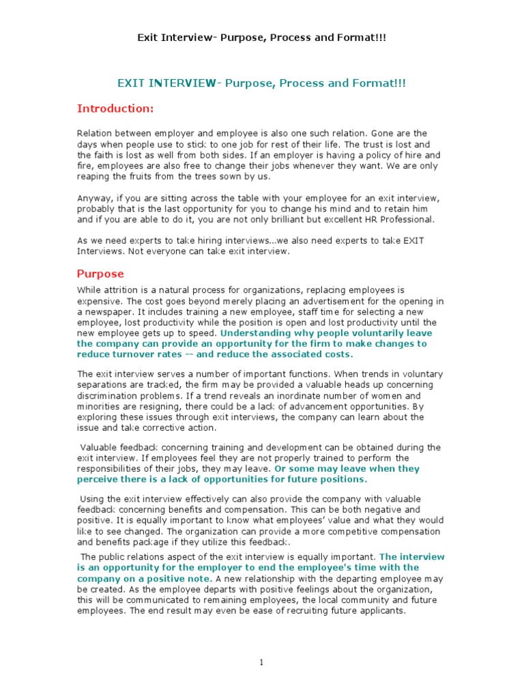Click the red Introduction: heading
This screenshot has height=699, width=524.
(115, 109)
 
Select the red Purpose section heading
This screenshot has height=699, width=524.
(100, 274)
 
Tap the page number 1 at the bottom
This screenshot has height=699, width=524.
(262, 661)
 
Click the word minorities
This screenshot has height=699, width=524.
(100, 406)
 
